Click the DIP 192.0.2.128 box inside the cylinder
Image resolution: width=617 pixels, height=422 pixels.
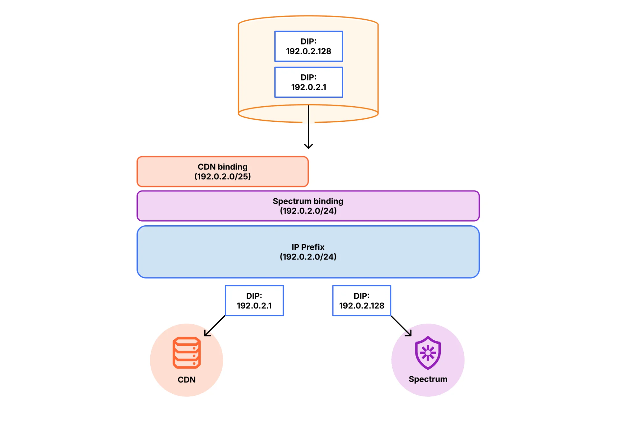tap(308, 46)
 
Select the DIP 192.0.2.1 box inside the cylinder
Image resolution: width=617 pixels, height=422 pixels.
tap(308, 82)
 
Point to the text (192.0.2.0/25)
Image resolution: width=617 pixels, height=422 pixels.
tap(223, 177)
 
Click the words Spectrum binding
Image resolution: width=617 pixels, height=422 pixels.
tap(308, 201)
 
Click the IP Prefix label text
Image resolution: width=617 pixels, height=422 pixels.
tap(308, 247)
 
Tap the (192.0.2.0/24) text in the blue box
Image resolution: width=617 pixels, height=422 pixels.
tap(308, 257)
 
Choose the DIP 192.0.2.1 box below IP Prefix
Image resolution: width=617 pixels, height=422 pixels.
tap(254, 301)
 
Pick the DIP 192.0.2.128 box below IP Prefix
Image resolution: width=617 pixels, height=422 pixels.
tap(361, 301)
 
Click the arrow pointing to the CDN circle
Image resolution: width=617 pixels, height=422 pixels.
tap(215, 326)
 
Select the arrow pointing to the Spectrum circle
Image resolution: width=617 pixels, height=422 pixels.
tap(401, 326)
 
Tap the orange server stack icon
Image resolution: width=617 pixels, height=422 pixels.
tap(186, 353)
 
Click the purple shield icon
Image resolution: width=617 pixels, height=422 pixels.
tap(428, 353)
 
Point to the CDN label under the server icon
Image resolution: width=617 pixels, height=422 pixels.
tap(186, 379)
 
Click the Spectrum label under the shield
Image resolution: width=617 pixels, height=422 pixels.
tap(428, 379)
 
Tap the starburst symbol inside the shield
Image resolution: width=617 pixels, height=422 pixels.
tap(428, 353)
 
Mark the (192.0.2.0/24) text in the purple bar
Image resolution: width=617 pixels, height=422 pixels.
tap(308, 211)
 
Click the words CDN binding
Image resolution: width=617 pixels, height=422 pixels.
tap(223, 167)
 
